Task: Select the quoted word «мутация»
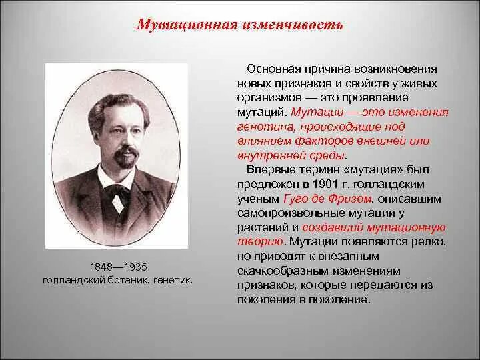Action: point(353,170)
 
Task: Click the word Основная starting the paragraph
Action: point(273,69)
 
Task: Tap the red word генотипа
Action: point(263,127)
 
